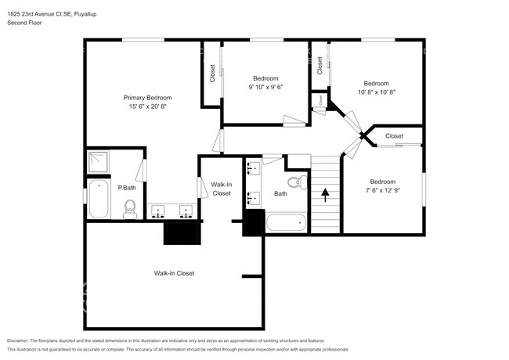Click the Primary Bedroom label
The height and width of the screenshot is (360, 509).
coord(147,98)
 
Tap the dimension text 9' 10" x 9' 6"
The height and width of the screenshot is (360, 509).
coord(266,87)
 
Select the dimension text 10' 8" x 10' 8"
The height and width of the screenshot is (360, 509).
coord(376,92)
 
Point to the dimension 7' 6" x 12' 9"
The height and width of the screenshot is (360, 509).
coord(383,190)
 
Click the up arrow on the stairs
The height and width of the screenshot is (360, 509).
coord(325,195)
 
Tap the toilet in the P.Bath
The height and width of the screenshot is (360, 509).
coord(130,209)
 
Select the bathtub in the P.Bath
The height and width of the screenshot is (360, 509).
coord(99,199)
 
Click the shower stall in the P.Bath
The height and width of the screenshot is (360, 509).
coord(98,161)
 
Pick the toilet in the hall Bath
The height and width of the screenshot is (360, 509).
coord(298,182)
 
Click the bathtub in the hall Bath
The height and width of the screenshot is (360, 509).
coord(286,222)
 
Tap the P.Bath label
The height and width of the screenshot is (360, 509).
coord(127,188)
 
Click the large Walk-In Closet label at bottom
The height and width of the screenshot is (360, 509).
coord(174,273)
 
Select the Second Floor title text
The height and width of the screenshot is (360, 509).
coord(24,23)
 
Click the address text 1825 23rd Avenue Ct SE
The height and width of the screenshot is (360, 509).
coord(39,14)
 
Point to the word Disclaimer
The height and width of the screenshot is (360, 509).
coord(18,341)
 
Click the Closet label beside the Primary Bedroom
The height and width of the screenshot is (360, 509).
coord(212,74)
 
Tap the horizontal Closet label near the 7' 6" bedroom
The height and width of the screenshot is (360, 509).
coord(394,136)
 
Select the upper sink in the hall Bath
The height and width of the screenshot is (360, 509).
coord(253,168)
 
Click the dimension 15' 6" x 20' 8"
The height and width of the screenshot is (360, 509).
coord(148,106)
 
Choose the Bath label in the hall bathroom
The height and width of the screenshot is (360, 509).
coord(280,193)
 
